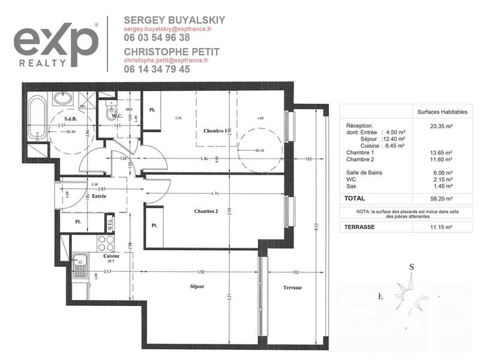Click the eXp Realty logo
tap(56, 44)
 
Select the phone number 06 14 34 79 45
tap(157, 69)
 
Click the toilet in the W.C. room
tap(110, 112)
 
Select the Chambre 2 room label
tap(206, 211)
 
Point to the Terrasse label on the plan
tap(292, 288)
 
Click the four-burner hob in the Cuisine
tap(106, 243)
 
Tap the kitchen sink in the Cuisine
tap(79, 265)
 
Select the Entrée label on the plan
tap(99, 196)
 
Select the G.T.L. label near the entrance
tap(110, 224)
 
